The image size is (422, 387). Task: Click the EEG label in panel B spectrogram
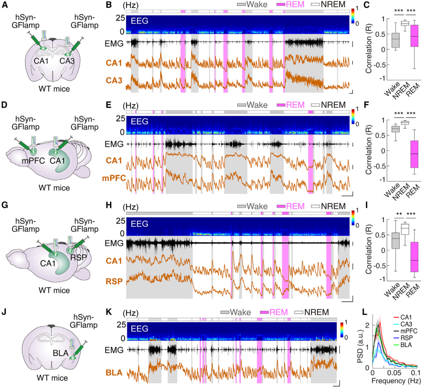[139, 21]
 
